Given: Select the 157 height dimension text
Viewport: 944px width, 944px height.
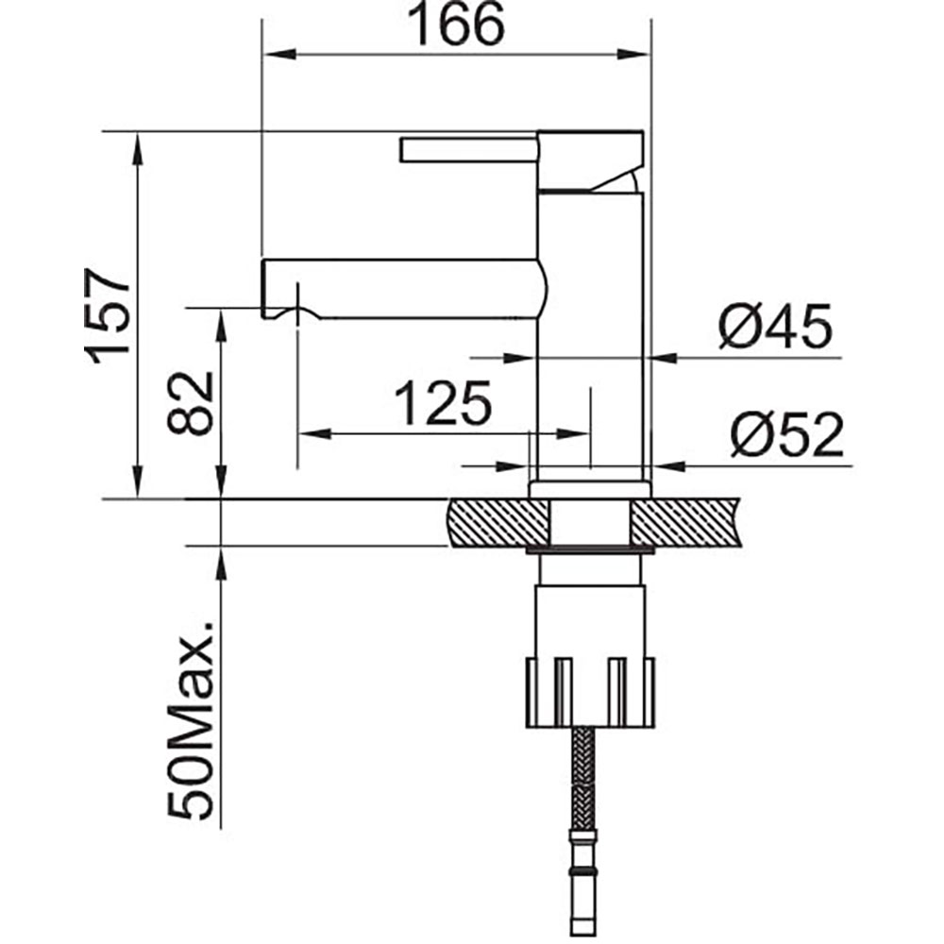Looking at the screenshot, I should pyautogui.click(x=107, y=314).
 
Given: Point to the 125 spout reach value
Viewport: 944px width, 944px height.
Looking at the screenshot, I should pyautogui.click(x=443, y=403).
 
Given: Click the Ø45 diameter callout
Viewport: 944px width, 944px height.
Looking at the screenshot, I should pyautogui.click(x=774, y=327).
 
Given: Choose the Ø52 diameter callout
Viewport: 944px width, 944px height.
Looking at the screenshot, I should pyautogui.click(x=785, y=436).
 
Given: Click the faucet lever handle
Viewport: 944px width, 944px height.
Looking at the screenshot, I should pyautogui.click(x=468, y=150).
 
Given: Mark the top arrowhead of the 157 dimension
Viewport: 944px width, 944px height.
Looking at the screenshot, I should pyautogui.click(x=139, y=146).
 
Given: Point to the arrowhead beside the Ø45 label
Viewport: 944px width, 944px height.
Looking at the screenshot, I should pyautogui.click(x=666, y=358).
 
